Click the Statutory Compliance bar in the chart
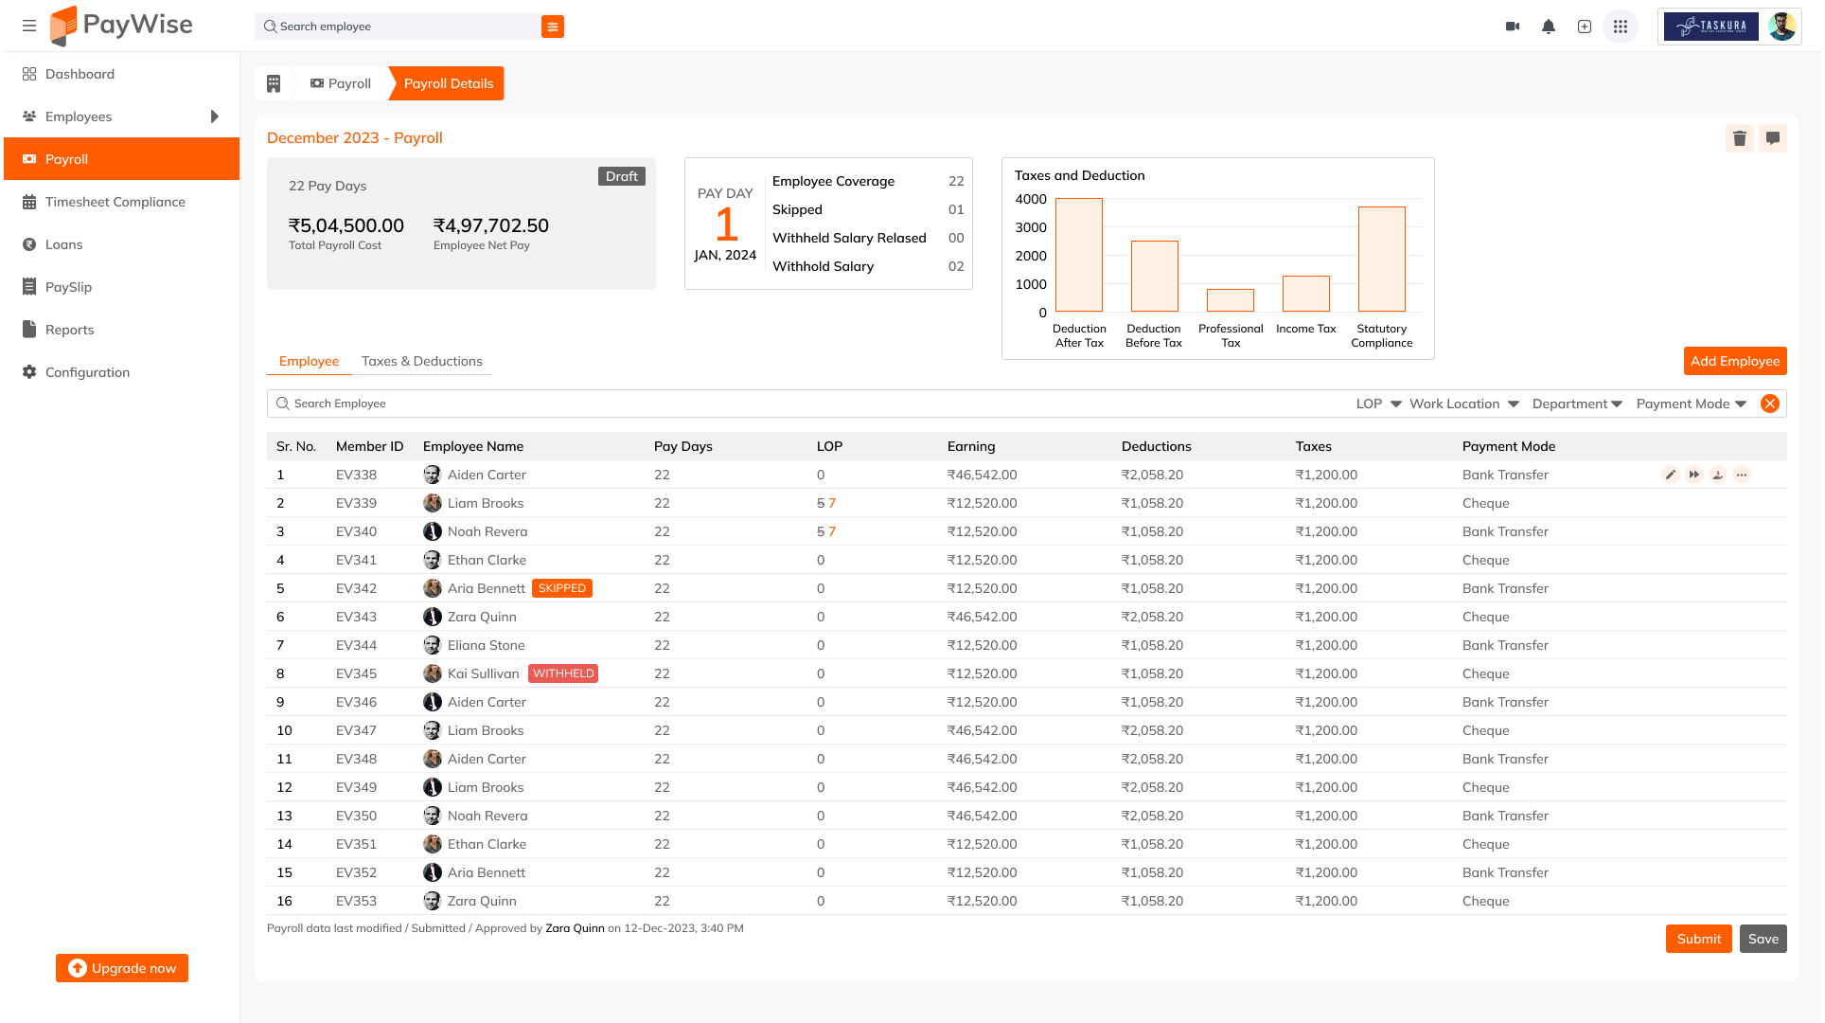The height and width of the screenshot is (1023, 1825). [1381, 259]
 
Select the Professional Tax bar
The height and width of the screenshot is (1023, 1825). [1230, 300]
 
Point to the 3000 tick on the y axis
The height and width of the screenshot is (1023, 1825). [1031, 227]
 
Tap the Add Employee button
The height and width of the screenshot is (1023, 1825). [1734, 361]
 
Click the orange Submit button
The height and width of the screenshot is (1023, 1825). [1698, 939]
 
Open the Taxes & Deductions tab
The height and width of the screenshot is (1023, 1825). [421, 361]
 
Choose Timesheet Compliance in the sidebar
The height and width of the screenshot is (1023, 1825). [115, 202]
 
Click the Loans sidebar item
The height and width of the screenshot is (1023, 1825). [63, 244]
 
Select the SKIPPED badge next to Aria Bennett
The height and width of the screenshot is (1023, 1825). [561, 588]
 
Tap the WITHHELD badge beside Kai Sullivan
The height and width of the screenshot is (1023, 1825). [562, 673]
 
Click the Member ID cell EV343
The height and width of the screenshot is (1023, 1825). [356, 617]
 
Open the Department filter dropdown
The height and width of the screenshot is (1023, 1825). [1576, 404]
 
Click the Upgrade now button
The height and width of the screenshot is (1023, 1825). [122, 968]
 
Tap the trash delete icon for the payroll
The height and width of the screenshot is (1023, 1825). [1739, 138]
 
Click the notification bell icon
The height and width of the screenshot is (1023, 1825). [1548, 27]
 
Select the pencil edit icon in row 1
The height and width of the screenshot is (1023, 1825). [1670, 475]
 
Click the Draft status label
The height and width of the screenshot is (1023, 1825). [621, 176]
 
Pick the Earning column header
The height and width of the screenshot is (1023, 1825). [970, 446]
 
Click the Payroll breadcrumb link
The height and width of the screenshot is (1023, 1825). [341, 83]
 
